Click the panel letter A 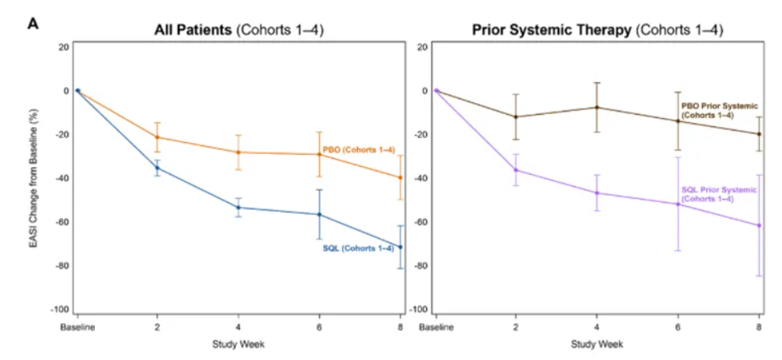(x=34, y=23)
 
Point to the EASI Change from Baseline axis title (x=34, y=176)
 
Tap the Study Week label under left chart (x=239, y=344)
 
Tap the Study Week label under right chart (x=598, y=344)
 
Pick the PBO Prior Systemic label (x=719, y=109)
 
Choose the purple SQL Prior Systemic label (x=719, y=194)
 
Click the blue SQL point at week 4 (x=239, y=208)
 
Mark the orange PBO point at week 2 (x=157, y=136)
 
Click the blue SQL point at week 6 (x=320, y=214)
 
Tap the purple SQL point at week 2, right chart (x=516, y=169)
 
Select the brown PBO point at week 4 (x=597, y=107)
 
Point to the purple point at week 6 (x=678, y=204)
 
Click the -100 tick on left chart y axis (x=60, y=310)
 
